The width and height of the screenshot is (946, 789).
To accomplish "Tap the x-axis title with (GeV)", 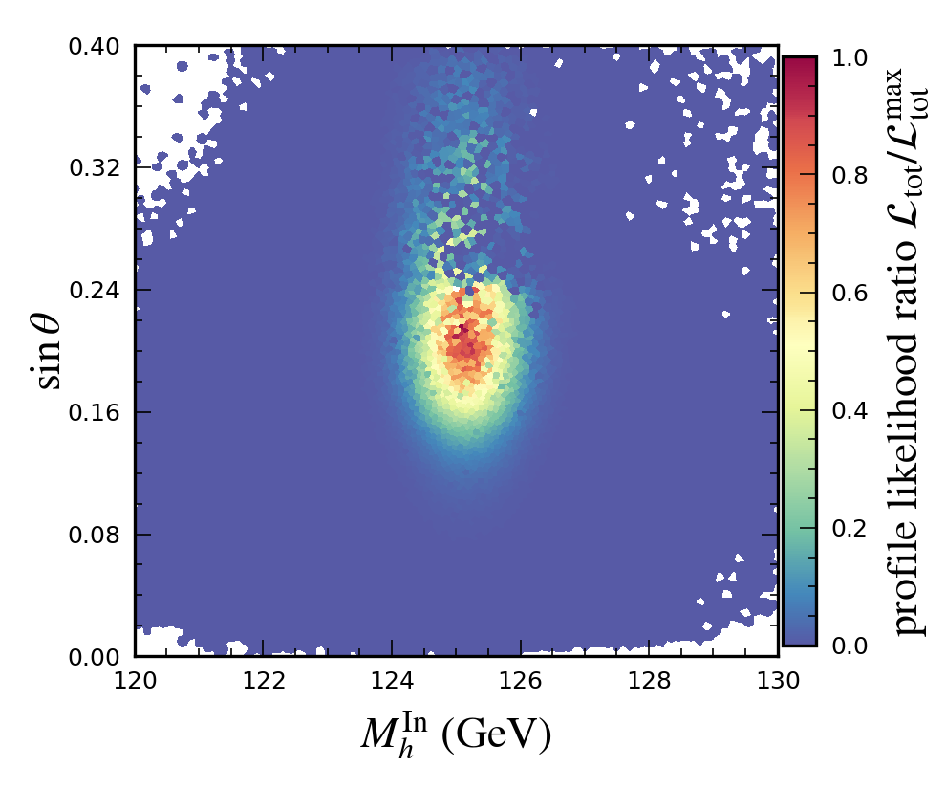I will pyautogui.click(x=456, y=734).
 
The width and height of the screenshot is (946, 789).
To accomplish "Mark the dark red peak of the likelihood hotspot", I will pyautogui.click(x=462, y=331).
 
